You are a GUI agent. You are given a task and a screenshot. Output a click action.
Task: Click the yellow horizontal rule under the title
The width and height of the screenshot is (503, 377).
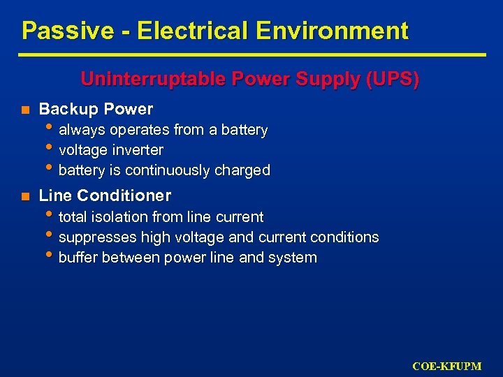(251, 54)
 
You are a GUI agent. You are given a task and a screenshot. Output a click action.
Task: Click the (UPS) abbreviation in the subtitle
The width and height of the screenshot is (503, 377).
(392, 79)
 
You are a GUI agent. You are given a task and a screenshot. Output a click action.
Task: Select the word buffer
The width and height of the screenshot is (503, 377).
(78, 258)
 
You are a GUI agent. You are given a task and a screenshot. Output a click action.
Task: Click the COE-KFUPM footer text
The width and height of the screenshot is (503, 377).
(456, 366)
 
